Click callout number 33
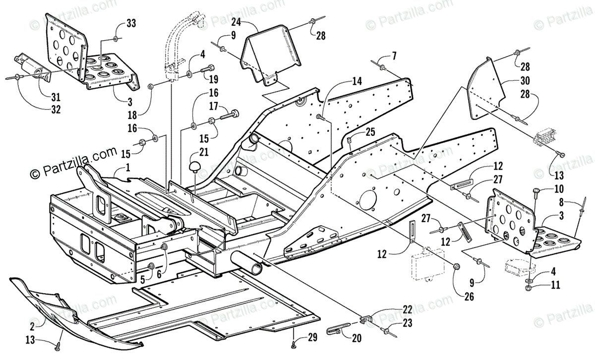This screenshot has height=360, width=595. coord(131,23)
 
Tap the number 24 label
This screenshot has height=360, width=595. coord(236,22)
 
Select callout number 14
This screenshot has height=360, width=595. coord(357,81)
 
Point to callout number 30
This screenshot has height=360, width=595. coord(525,81)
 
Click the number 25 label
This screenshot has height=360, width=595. coord(370,132)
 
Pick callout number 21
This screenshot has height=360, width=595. coord(204,152)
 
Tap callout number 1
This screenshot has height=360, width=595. coord(128,168)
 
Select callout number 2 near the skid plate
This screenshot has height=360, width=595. coord(32,327)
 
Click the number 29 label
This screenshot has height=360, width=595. coord(313,338)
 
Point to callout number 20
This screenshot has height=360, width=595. coord(357,339)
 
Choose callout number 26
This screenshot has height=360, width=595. coord(469,297)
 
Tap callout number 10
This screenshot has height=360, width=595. coord(559,189)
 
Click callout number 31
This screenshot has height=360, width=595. coord(56,98)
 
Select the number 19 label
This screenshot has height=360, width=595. coord(214,79)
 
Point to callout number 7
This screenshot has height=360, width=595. coord(394,56)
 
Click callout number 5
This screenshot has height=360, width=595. coord(143,280)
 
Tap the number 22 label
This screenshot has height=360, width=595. coord(407,309)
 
